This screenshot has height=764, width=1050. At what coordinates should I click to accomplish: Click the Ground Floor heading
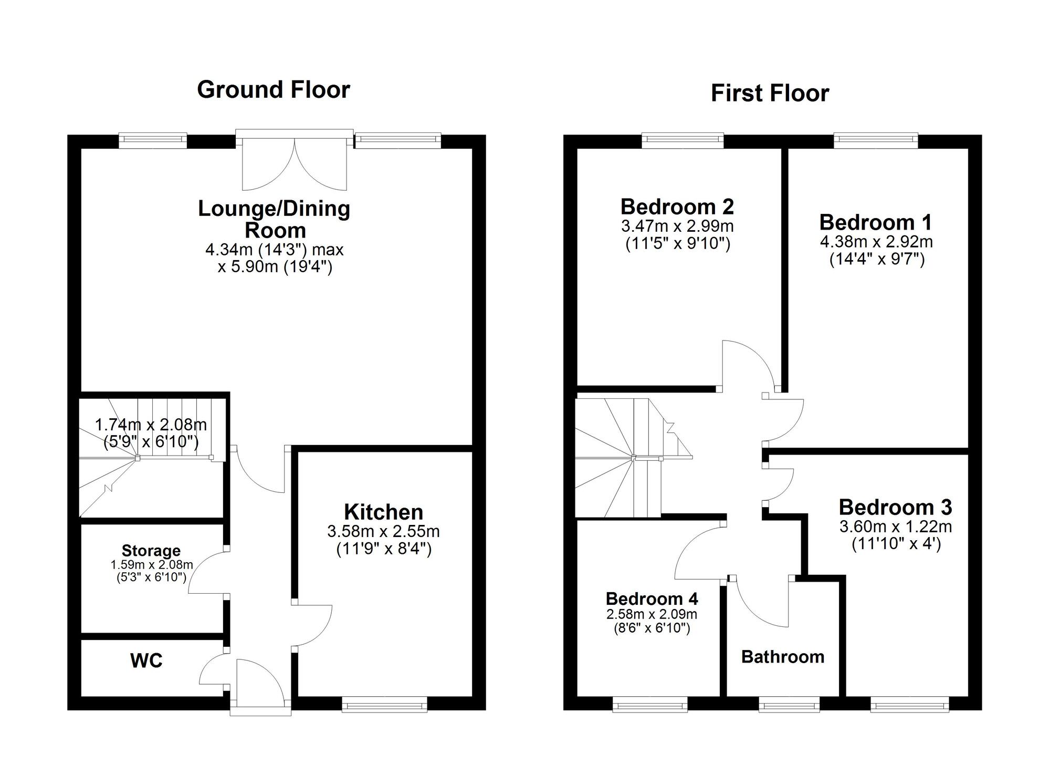point(274,89)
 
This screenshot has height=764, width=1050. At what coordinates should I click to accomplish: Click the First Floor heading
point(770,94)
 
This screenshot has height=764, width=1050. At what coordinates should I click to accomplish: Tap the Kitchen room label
point(383,512)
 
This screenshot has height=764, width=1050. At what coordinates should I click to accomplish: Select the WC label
point(146,661)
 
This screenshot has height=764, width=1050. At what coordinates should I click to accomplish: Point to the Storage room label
point(151,551)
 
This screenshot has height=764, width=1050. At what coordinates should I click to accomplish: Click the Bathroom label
point(782,657)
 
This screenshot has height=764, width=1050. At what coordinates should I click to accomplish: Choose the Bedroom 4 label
point(652,598)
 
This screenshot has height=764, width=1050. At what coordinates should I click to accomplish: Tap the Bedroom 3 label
point(895,507)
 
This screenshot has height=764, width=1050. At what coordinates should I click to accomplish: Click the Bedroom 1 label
point(875,222)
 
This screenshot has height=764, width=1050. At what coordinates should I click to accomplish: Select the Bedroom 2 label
point(677,207)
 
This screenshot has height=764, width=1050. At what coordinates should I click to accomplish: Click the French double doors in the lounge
point(295,163)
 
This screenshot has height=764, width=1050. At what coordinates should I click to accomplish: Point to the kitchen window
point(384,705)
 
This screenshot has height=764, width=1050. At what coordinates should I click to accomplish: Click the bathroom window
point(789,705)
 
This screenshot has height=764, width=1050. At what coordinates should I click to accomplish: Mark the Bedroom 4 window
point(650,705)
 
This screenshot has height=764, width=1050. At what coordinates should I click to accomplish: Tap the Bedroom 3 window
point(910,705)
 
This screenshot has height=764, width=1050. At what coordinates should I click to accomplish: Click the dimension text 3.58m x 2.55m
point(383,531)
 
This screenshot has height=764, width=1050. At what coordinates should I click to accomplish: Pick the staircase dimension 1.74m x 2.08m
point(151,425)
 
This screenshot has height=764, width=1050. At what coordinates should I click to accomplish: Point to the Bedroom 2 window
point(682,139)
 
